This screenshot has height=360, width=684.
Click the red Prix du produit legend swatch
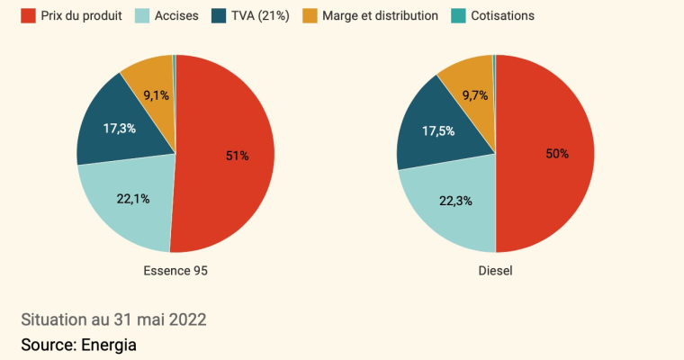coord(28,15)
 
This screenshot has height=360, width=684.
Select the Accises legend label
coord(177,15)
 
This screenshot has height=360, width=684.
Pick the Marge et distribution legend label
coord(384,15)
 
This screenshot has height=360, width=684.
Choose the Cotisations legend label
coord(504,15)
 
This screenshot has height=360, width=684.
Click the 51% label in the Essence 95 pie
coord(237,156)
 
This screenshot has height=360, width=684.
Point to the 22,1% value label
coord(132,198)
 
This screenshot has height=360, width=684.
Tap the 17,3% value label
coord(119,129)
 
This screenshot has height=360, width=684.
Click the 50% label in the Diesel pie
coord(557,154)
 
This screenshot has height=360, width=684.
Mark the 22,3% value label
coord(454,200)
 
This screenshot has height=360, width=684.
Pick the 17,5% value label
coord(438,130)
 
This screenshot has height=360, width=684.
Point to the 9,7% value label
coord(475,94)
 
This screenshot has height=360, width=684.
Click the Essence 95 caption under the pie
coord(175,270)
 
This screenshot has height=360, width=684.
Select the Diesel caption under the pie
coord(495,270)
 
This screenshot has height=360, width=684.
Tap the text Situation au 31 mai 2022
coord(113,319)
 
